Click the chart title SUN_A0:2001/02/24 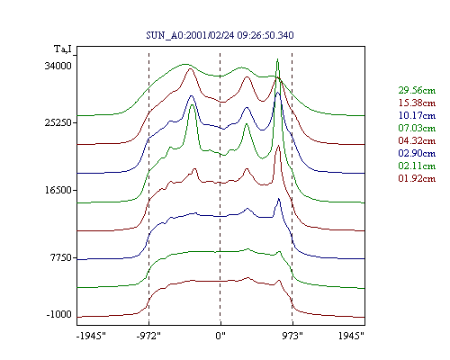[190, 35]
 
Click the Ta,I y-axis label [63, 49]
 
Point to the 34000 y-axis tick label [58, 66]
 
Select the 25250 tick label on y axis [58, 122]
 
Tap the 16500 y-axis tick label [58, 190]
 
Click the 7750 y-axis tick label [61, 257]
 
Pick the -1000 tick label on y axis [59, 314]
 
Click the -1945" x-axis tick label [92, 336]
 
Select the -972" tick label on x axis [148, 336]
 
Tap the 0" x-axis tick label [220, 336]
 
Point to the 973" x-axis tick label [292, 336]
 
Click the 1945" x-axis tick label [351, 336]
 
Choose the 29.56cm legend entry [417, 90]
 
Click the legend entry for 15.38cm [417, 103]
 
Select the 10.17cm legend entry [417, 115]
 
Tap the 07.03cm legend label [417, 128]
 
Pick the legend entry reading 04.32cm [417, 140]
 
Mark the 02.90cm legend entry [417, 153]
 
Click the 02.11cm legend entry [417, 166]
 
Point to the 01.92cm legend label [417, 178]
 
